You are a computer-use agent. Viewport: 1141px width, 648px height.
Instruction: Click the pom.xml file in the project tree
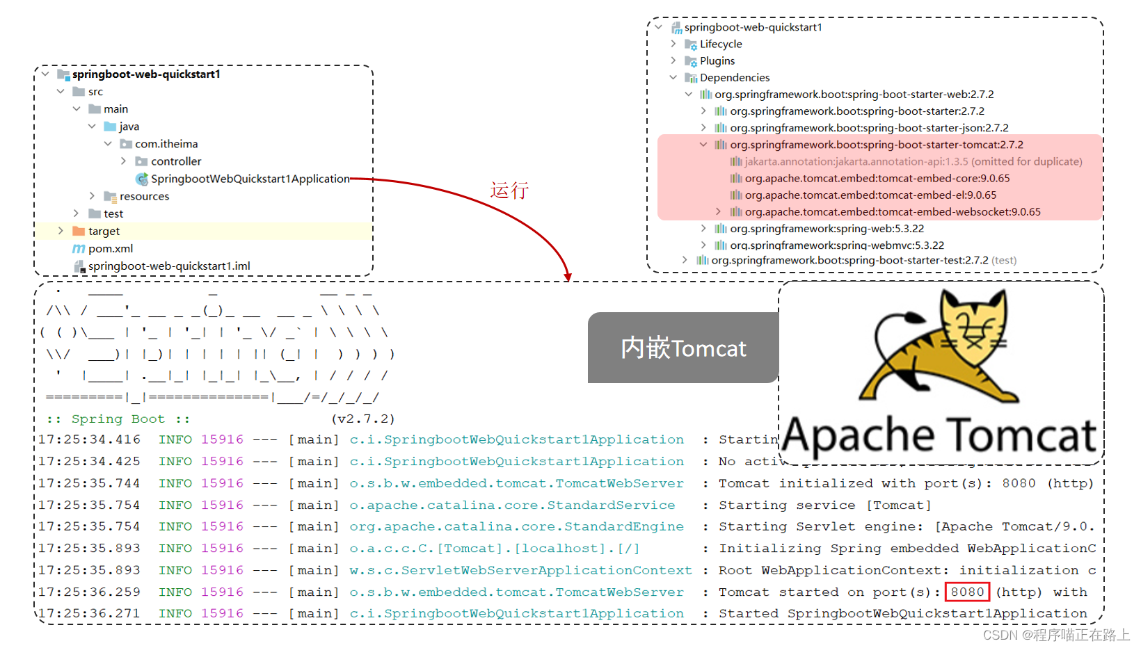point(110,248)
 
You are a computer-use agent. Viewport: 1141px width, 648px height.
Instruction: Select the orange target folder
point(103,231)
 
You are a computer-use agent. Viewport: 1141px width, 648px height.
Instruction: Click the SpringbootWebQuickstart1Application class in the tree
point(250,179)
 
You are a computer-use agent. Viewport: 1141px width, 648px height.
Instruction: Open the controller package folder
point(175,161)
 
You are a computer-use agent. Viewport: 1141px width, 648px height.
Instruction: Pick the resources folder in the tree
point(144,196)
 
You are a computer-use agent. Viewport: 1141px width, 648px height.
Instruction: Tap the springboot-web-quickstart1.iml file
point(168,266)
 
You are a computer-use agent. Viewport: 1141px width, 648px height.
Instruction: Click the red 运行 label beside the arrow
point(509,190)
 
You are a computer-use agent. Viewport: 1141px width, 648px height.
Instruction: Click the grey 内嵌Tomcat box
point(683,348)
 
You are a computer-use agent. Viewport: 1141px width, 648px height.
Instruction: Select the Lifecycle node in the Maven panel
point(720,44)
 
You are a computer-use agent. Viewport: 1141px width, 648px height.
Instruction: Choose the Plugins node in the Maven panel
point(717,60)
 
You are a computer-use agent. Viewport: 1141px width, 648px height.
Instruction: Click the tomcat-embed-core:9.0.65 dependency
point(877,178)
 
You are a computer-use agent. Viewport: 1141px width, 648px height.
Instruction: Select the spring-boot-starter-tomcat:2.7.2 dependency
point(876,145)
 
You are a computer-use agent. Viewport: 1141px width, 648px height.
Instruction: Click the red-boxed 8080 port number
point(967,592)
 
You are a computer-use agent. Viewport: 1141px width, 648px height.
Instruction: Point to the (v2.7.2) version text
point(362,419)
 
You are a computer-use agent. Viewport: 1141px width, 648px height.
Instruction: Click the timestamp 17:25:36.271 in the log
point(89,613)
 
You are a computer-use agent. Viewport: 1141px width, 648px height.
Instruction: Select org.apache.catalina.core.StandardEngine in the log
point(516,526)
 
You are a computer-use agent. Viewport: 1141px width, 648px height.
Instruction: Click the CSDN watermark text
point(1055,635)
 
